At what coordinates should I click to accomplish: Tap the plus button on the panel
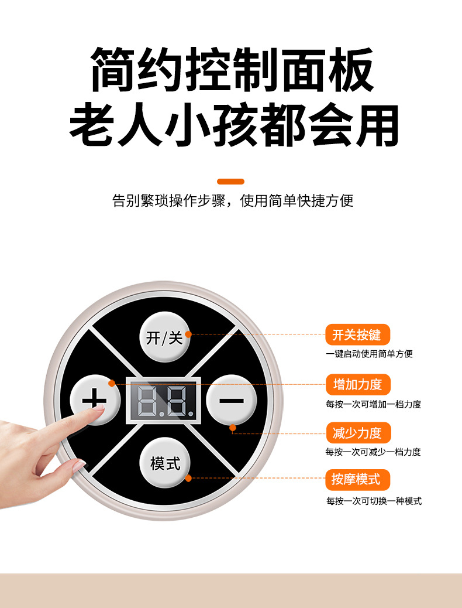[95, 399]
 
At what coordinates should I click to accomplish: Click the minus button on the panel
[231, 400]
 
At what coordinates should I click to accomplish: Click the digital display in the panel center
[163, 400]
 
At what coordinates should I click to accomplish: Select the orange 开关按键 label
[357, 334]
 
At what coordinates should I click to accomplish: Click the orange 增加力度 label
[357, 384]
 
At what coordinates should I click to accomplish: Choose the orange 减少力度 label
[358, 433]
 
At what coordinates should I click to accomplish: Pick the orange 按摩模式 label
[357, 480]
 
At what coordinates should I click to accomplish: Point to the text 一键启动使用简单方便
[370, 354]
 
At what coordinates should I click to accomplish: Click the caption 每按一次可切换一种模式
[374, 501]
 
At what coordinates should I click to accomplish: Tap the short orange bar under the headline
[230, 182]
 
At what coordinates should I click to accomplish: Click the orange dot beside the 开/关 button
[188, 334]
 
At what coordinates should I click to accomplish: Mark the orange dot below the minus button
[233, 428]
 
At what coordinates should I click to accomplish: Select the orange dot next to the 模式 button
[188, 478]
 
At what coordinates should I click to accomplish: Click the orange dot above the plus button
[112, 384]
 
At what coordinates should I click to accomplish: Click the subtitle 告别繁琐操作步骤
[168, 201]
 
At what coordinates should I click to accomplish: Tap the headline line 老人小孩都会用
[233, 125]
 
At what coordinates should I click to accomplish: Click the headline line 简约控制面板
[232, 70]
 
